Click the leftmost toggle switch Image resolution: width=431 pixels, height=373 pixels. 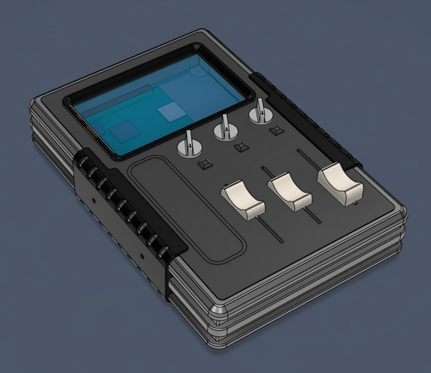[x=190, y=145]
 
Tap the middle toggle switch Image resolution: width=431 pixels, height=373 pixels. [x=224, y=127]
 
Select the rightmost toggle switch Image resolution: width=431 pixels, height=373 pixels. [x=259, y=111]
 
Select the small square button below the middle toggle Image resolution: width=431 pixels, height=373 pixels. [x=241, y=148]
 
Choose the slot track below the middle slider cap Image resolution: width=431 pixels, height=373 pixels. [x=310, y=216]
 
